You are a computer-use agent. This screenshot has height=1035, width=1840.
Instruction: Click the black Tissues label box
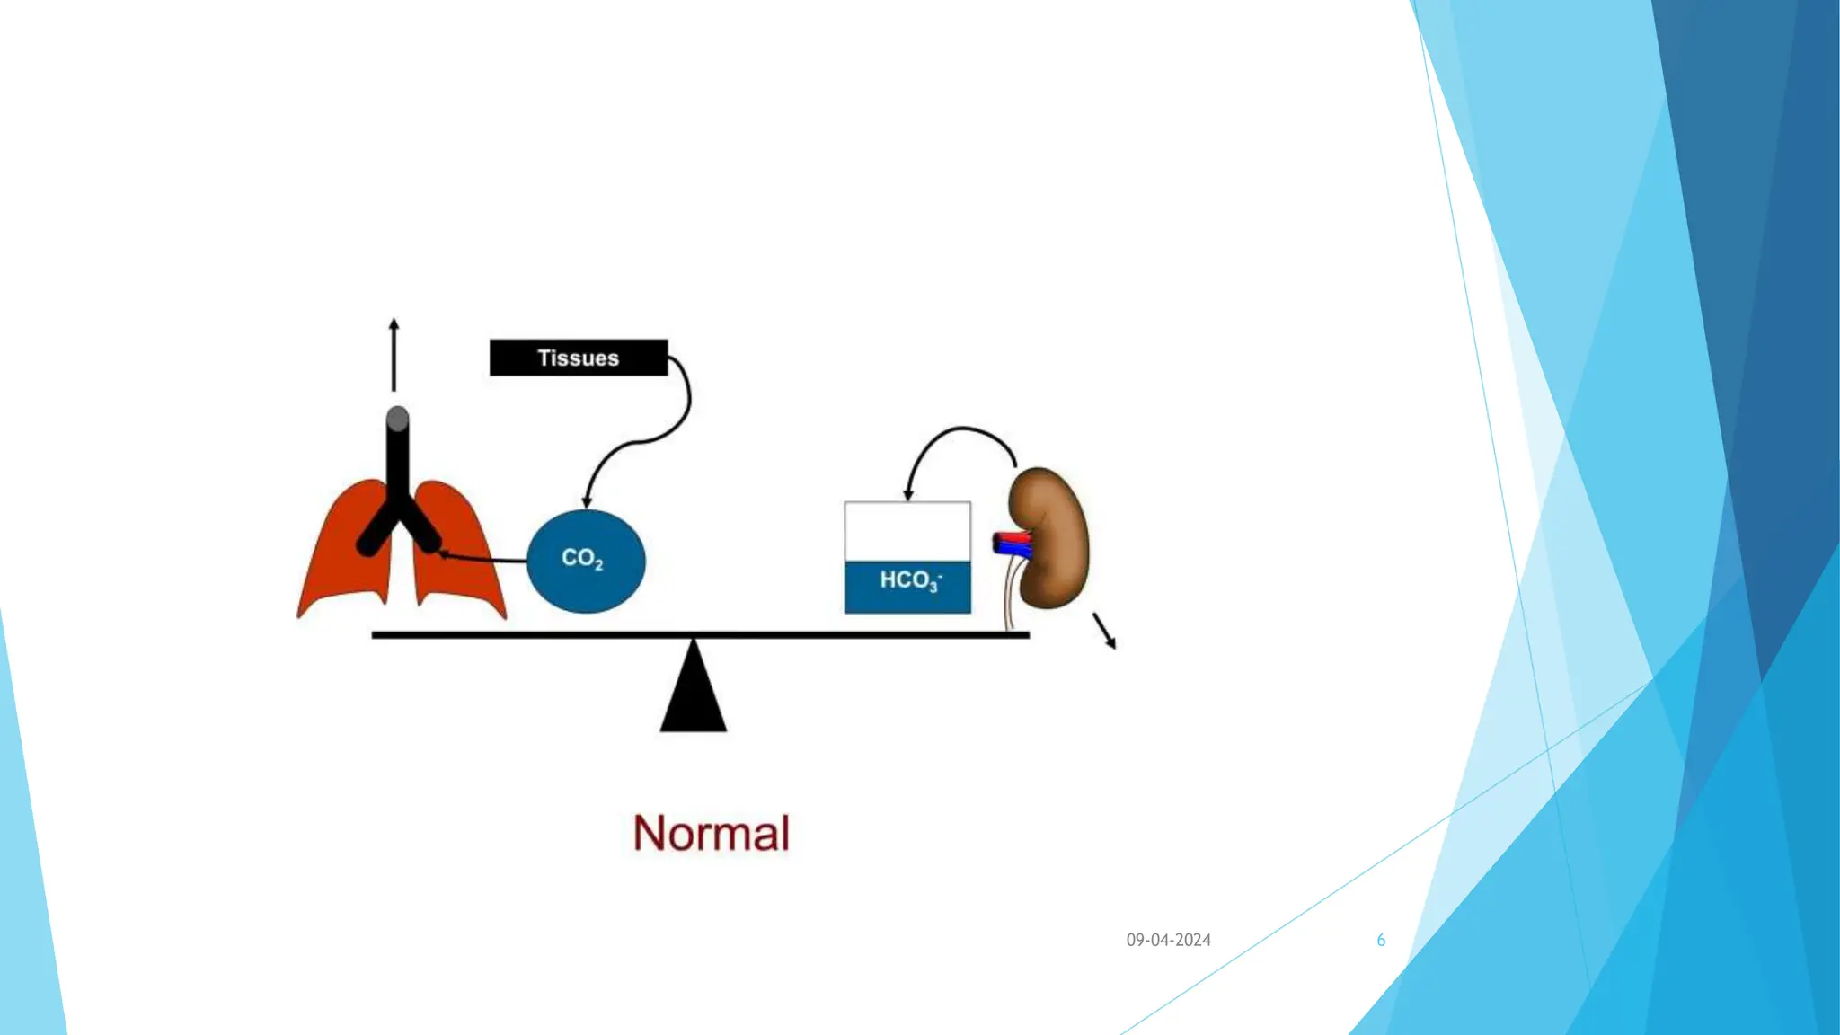click(579, 358)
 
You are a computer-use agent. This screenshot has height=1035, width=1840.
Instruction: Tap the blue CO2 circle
click(586, 561)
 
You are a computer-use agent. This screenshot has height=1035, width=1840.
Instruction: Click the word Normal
click(711, 833)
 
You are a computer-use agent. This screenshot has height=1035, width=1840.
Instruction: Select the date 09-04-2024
click(1168, 940)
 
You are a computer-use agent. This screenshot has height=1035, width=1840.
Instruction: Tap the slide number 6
click(1381, 940)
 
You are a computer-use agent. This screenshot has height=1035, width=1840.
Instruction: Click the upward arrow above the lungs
click(394, 355)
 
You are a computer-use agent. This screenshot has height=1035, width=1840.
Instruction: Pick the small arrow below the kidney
click(1104, 630)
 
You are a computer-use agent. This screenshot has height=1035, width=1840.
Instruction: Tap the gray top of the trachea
click(398, 419)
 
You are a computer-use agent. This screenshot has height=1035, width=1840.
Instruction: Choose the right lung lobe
click(458, 557)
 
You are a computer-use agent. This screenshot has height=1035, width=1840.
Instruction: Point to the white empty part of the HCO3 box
click(907, 531)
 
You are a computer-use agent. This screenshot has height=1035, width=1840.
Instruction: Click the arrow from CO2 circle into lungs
click(485, 559)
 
